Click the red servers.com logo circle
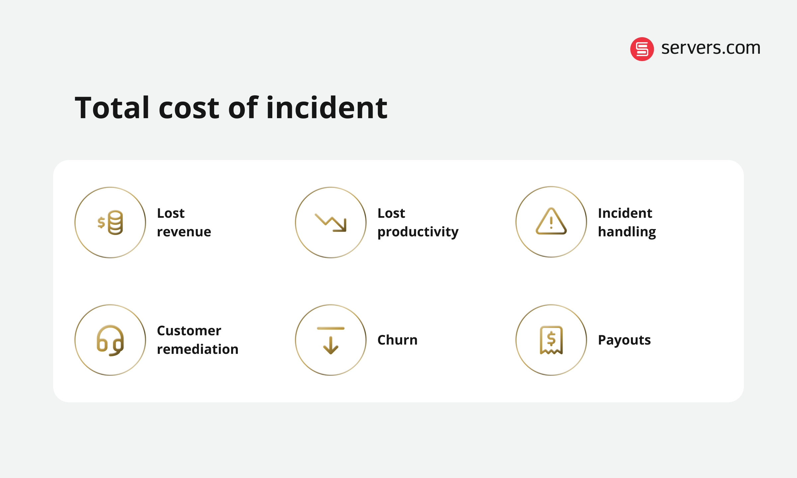click(642, 49)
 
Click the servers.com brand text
click(711, 48)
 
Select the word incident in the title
click(327, 108)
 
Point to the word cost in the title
click(189, 108)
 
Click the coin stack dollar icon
click(111, 222)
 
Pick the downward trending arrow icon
click(331, 222)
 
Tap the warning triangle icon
click(551, 222)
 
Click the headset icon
click(111, 340)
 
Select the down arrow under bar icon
click(331, 340)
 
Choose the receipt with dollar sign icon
click(551, 340)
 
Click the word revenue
click(184, 232)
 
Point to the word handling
click(627, 232)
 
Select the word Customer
click(189, 331)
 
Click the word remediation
click(198, 349)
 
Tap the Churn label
click(398, 340)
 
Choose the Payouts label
click(624, 340)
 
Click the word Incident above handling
click(625, 213)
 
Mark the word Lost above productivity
click(391, 213)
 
